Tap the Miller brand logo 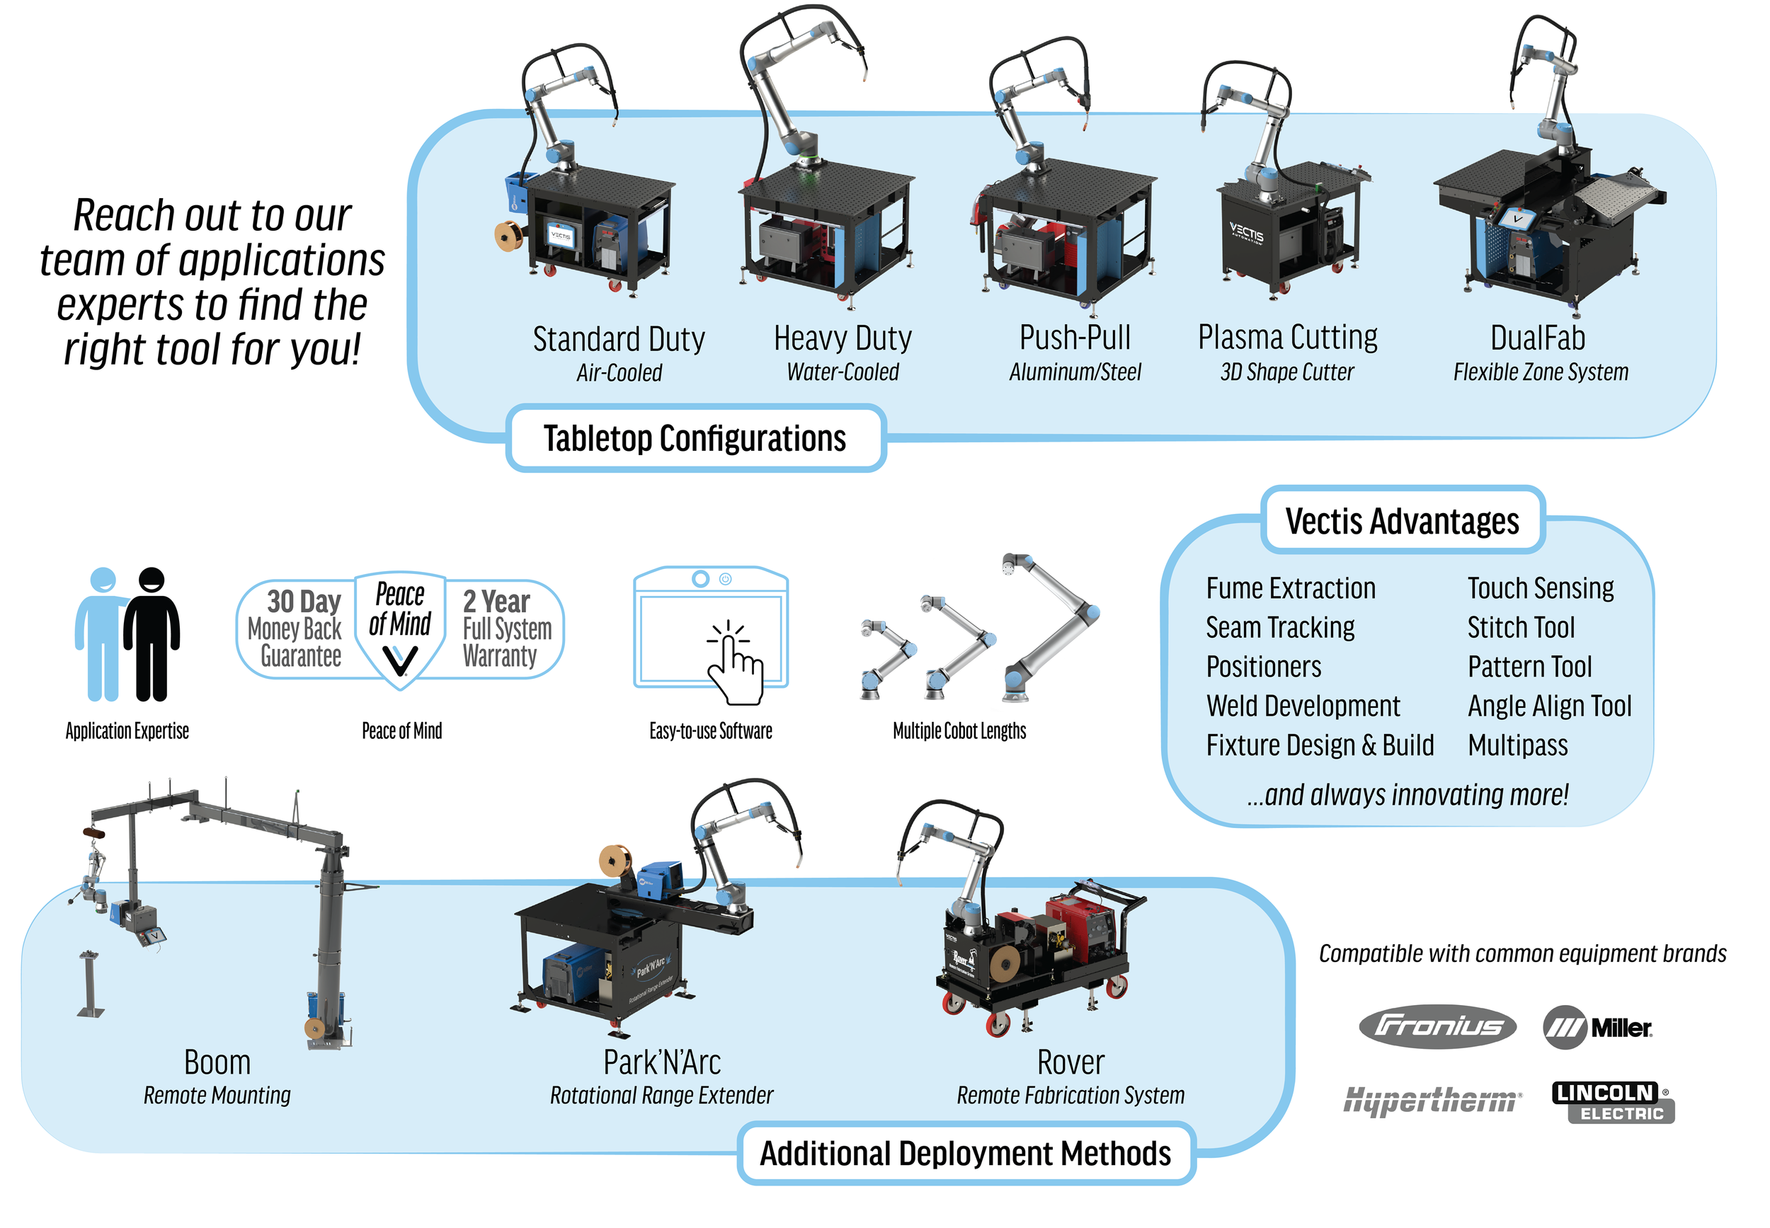point(1597,1027)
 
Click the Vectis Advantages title point(1401,521)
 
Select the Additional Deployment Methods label point(965,1152)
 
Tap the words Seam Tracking point(1279,627)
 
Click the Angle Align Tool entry point(1548,706)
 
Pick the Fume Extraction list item point(1290,588)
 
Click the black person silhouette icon point(152,634)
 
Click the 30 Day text point(303,601)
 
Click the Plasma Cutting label point(1286,337)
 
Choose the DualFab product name point(1537,338)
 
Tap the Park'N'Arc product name point(661,1062)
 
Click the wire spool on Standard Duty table point(508,236)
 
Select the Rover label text point(1070,1062)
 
